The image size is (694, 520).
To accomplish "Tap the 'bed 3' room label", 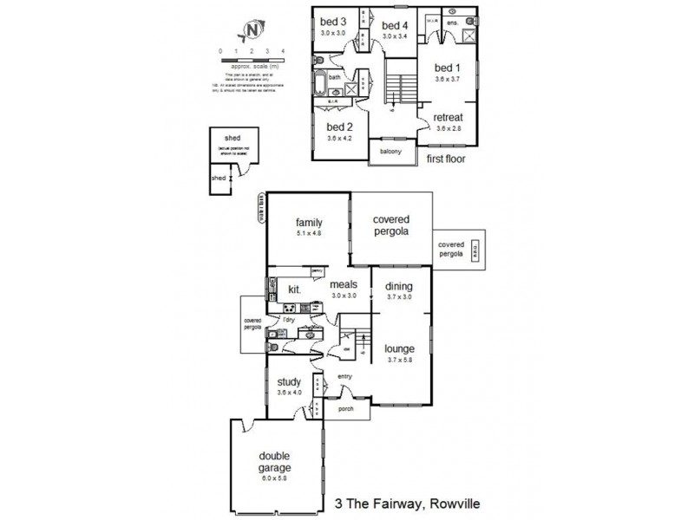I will (x=333, y=22).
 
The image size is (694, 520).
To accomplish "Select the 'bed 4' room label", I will (x=394, y=25).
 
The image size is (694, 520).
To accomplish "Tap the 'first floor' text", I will (x=448, y=159).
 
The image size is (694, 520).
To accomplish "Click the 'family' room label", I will (x=308, y=222).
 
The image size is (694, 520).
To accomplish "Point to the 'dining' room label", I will (x=399, y=288).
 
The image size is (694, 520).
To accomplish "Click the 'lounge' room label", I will (x=399, y=349).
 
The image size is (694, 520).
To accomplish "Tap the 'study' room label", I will (x=290, y=381).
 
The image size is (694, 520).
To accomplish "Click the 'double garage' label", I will (x=274, y=462).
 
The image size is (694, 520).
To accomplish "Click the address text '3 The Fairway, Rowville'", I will (x=408, y=502).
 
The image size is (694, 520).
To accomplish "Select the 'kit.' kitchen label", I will (x=294, y=290).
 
